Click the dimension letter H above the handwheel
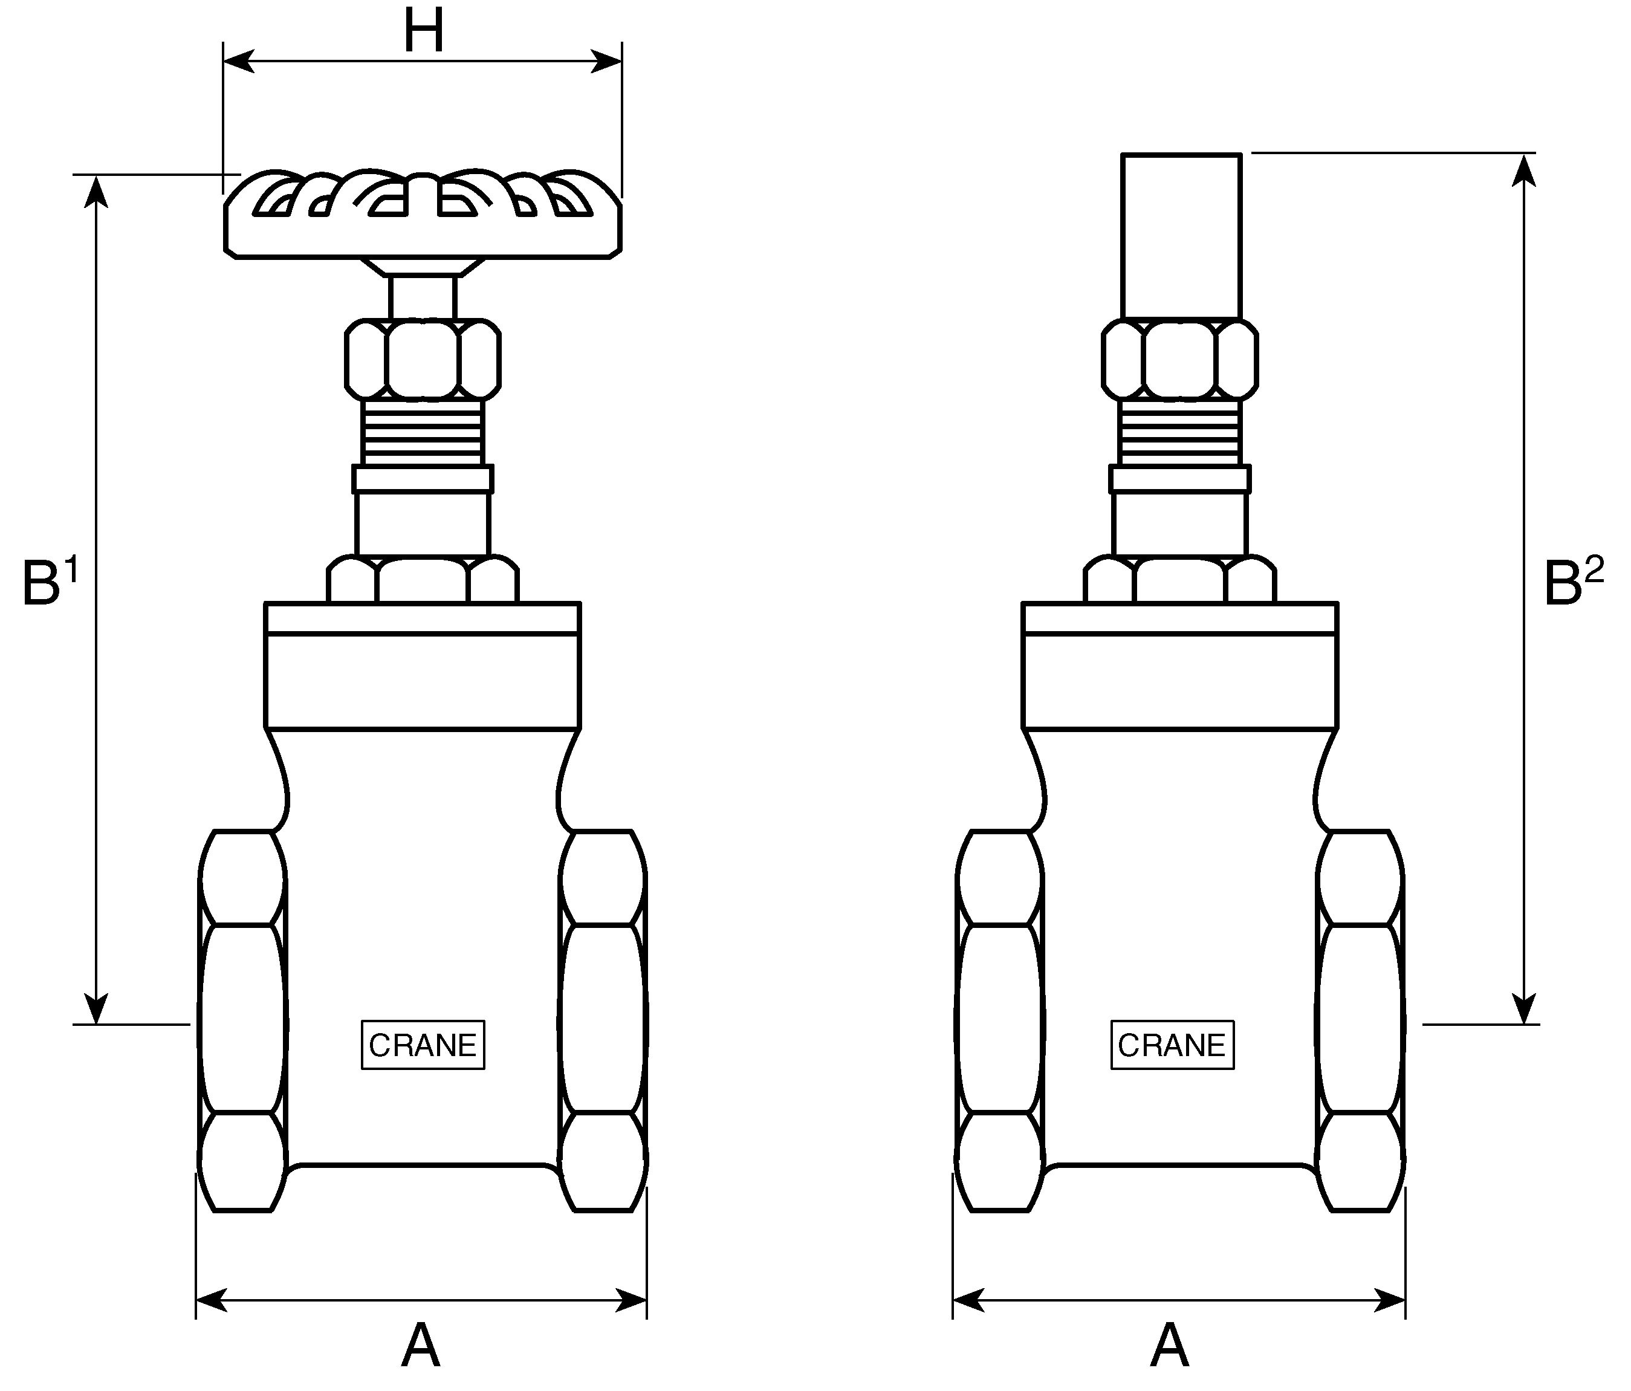click(424, 31)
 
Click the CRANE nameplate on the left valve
click(423, 1045)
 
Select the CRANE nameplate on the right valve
click(1172, 1045)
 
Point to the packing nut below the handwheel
click(423, 358)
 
